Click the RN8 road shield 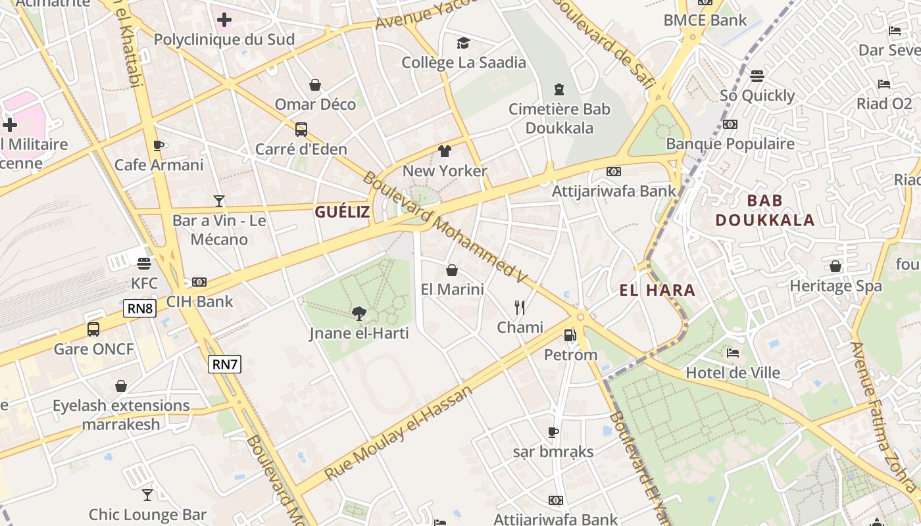tap(139, 308)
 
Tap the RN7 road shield tap(224, 364)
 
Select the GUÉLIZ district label tap(342, 212)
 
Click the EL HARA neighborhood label tap(657, 290)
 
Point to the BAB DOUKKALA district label tap(765, 210)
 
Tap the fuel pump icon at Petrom tap(570, 335)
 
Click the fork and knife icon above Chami tap(520, 307)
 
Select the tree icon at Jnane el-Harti tap(359, 314)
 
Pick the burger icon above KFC tap(144, 264)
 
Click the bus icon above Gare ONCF tap(93, 329)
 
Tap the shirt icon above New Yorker tap(445, 151)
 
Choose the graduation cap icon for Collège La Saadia tap(464, 43)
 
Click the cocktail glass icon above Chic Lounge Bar tap(147, 494)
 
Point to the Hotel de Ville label tap(733, 373)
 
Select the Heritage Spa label tap(835, 286)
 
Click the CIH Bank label tap(199, 302)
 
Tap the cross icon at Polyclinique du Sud tap(224, 20)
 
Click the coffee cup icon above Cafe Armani tap(159, 145)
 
